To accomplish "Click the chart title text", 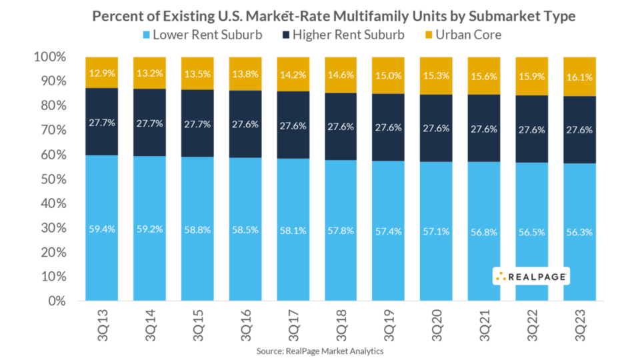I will [x=320, y=15].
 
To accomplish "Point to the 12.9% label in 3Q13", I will [x=102, y=71].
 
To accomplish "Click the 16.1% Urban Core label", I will [x=580, y=77].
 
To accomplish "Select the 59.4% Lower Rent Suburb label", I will [x=102, y=229].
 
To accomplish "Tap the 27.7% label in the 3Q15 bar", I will [x=198, y=124].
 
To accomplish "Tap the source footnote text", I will [x=320, y=351].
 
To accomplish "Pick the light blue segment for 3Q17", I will [x=294, y=267].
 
